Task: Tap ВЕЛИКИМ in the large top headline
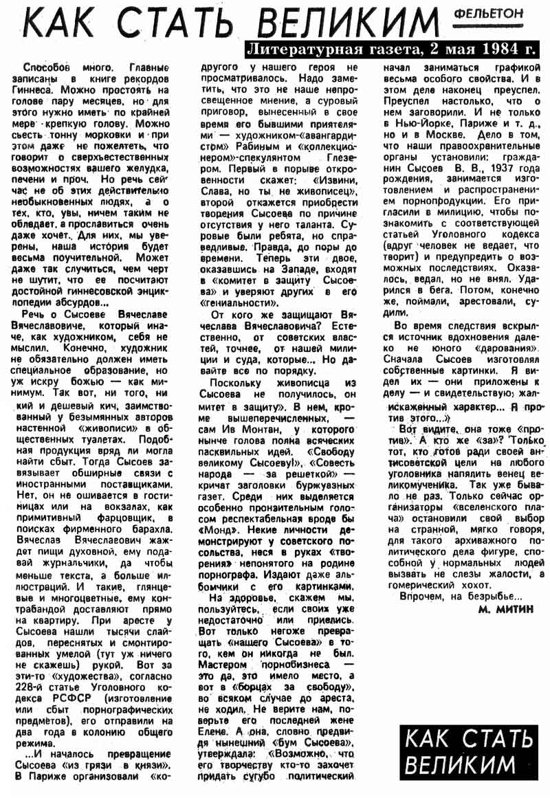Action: (x=365, y=25)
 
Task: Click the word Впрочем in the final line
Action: (x=422, y=597)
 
